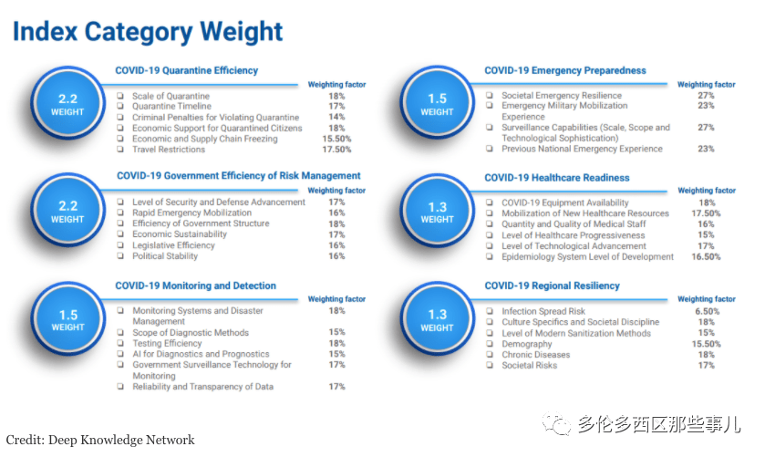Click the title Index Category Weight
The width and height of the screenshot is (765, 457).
pos(148,32)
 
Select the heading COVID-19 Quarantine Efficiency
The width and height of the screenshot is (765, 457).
pos(186,70)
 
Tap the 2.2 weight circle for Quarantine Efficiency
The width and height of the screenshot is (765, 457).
pos(68,104)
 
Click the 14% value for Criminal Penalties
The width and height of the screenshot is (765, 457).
pos(336,118)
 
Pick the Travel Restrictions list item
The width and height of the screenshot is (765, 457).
pos(169,150)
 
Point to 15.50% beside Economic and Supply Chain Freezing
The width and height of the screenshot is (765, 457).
pos(336,139)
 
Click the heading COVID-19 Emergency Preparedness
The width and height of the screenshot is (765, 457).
pos(564,70)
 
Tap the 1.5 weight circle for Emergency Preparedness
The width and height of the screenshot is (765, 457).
pos(438,104)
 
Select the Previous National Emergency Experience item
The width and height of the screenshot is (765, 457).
pos(582,149)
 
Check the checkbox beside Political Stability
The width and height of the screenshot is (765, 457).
pos(120,256)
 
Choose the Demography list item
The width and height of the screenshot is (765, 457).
pos(527,344)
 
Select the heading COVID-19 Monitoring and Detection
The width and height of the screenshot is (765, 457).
pos(195,286)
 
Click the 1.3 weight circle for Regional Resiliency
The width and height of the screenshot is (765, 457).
pos(438,319)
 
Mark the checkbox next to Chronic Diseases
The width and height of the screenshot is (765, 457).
pos(491,355)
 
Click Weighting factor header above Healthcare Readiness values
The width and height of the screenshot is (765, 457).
pos(706,191)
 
